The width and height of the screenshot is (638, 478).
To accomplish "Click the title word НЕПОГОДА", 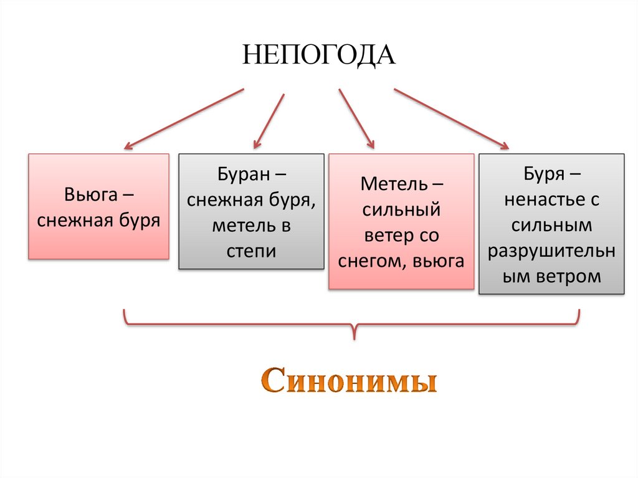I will point(319,55).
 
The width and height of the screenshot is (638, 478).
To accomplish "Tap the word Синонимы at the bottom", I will point(348,381).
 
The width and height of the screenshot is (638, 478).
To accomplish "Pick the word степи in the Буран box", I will point(251,251).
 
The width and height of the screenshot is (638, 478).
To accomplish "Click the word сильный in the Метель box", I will point(401,211).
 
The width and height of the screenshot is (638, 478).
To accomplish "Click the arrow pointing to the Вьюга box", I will point(184,118).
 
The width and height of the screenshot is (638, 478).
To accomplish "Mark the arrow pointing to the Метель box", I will point(356,118).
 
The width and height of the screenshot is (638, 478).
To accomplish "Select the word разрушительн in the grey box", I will point(551,251).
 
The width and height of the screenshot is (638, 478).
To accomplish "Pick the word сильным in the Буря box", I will point(551,225).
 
